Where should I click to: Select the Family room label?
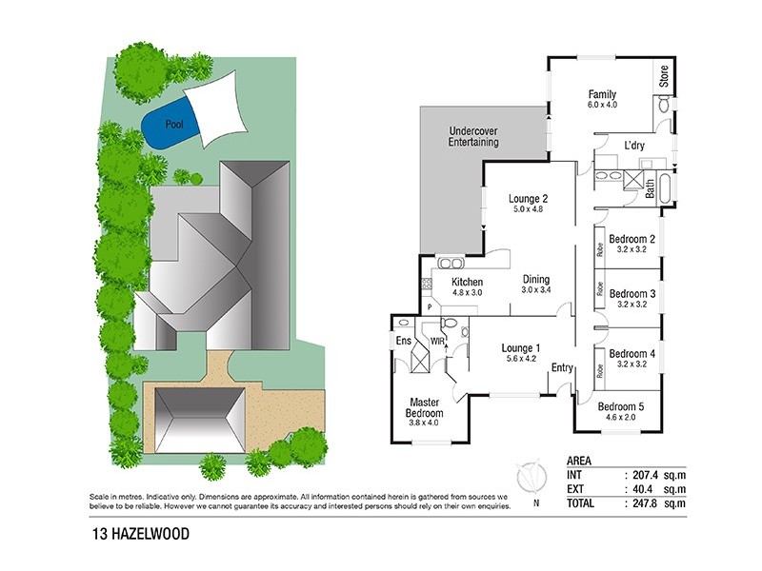click(602, 95)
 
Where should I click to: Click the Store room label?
click(664, 76)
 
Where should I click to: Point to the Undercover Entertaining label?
click(472, 135)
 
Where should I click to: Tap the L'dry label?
click(635, 146)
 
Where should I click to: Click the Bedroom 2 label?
click(632, 239)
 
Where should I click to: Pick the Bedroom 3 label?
click(632, 294)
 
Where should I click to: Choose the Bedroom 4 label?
click(632, 353)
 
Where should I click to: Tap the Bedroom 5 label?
click(621, 406)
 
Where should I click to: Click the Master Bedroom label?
click(426, 408)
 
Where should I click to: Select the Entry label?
click(562, 368)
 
